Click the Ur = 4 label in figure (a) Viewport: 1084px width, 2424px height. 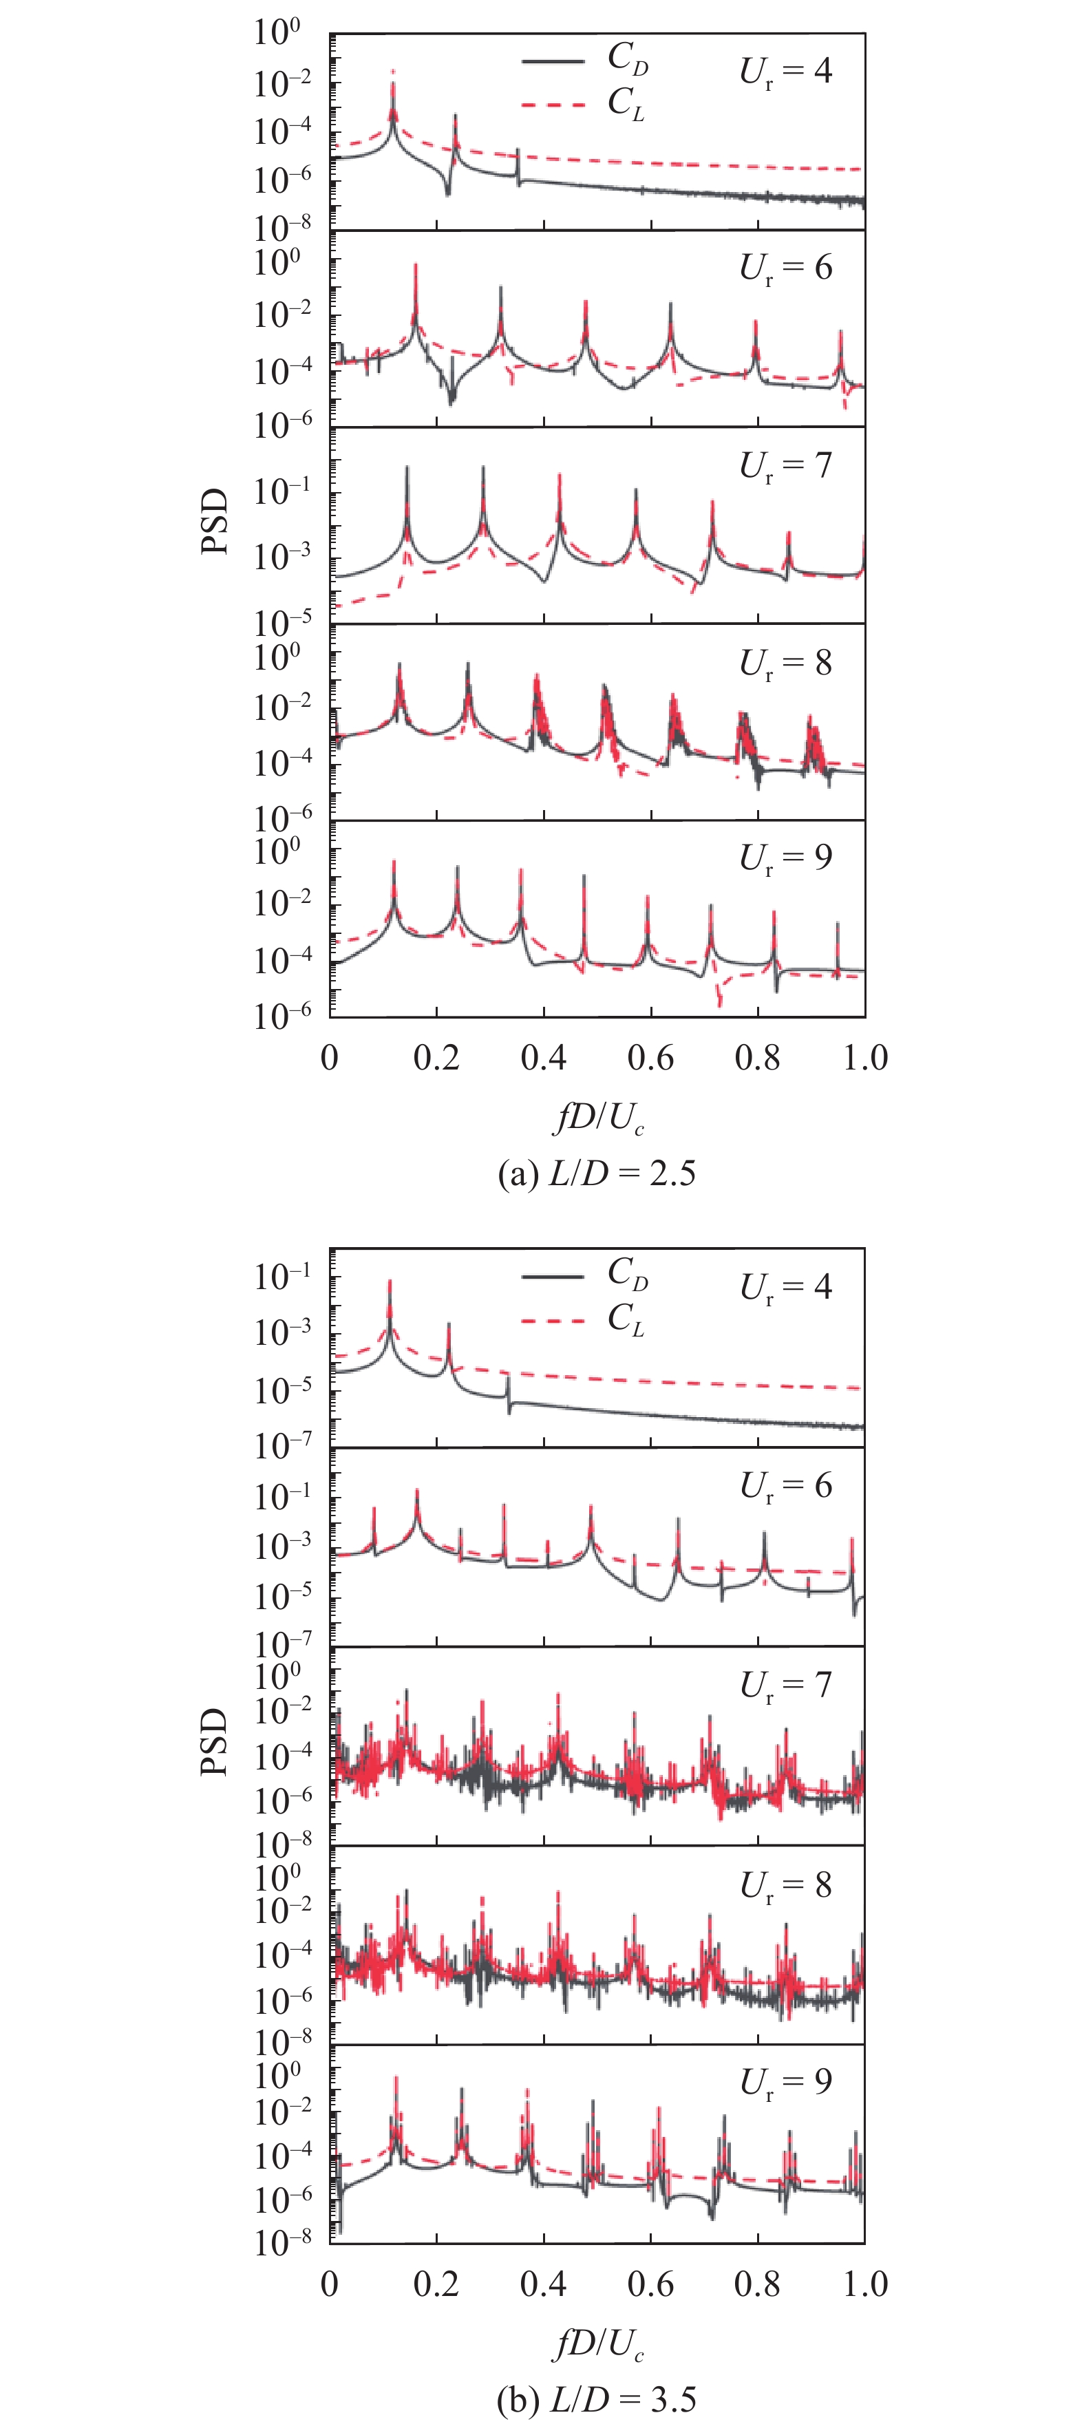(786, 72)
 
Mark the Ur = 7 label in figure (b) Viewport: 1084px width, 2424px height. (786, 1684)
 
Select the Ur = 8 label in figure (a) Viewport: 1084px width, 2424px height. (786, 663)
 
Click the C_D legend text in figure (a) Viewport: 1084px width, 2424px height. (628, 59)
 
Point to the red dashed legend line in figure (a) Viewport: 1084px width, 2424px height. (553, 103)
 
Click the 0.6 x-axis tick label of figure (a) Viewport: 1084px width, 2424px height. (651, 1058)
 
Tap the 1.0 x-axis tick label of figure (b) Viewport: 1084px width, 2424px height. (864, 2284)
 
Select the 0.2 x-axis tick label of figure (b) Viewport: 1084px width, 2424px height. (436, 2284)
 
